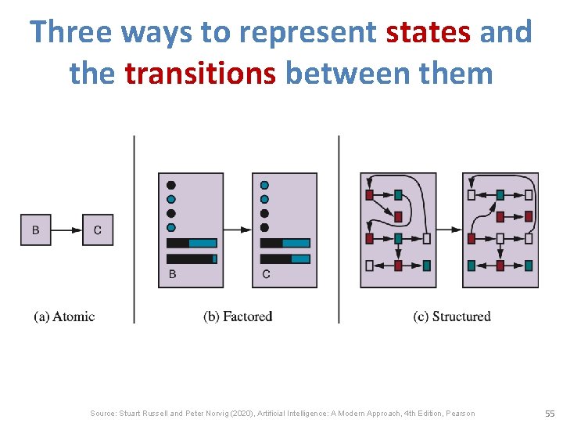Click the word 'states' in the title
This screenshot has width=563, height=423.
[x=428, y=32]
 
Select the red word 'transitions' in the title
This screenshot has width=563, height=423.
[x=200, y=73]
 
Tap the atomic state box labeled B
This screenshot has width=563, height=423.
[x=36, y=230]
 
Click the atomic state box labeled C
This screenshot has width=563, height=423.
[x=98, y=230]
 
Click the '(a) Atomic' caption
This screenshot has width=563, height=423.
[x=64, y=316]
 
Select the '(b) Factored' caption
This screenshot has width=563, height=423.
[x=238, y=316]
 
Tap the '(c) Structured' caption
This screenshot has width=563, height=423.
[x=452, y=316]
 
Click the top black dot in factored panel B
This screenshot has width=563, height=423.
[x=171, y=185]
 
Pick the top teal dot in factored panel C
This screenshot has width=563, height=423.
[x=264, y=185]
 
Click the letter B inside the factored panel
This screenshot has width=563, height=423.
[x=172, y=274]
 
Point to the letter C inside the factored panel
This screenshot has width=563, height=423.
[x=266, y=274]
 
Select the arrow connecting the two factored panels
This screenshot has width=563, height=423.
[x=238, y=230]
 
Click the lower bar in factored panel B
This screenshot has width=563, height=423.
[x=192, y=258]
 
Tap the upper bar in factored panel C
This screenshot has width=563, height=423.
[x=285, y=243]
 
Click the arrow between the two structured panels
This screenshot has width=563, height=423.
[x=448, y=230]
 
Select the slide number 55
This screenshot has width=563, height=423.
[x=550, y=413]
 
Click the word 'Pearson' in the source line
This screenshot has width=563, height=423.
[x=458, y=413]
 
